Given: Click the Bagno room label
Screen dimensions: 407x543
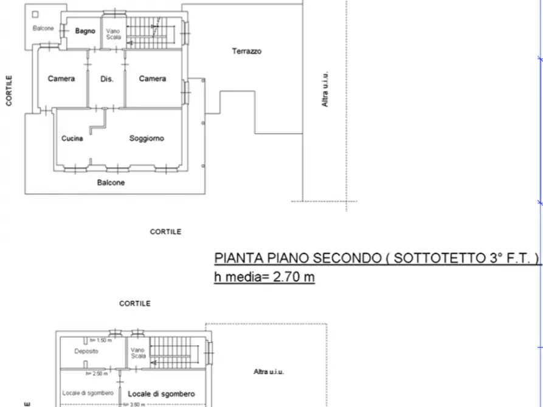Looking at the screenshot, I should coord(85,31).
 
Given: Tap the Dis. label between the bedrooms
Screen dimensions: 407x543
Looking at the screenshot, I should coord(107,78).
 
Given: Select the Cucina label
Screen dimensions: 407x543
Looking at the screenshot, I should coord(72,139).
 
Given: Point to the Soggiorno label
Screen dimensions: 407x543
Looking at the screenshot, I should coord(147,139).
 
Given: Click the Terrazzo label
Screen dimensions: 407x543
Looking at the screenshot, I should coord(246,52).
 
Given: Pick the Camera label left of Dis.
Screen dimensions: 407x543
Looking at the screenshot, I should coord(61,78).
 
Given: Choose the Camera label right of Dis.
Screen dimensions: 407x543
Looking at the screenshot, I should coord(152,78).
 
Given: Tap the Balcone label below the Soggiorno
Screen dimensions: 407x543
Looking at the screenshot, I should coord(111,182).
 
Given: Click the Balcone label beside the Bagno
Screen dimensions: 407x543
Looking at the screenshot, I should coord(43,29).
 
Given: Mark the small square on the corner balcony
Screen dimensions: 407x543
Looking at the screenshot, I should coord(36,14).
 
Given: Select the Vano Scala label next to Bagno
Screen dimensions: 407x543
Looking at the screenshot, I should coord(113,34).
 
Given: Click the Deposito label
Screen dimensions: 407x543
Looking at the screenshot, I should coord(87,351).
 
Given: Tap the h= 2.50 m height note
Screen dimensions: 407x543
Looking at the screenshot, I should coord(97,374).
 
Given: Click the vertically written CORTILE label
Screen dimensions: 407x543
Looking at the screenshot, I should coord(10,91).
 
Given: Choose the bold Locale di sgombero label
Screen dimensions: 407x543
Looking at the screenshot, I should coord(162,394).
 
